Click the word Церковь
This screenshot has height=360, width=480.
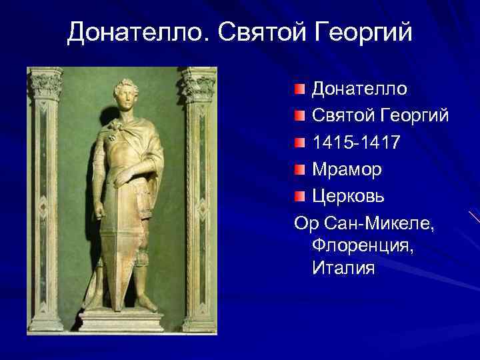[x=351, y=197]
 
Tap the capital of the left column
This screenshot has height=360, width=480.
[x=46, y=84]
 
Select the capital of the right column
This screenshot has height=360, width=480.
[x=199, y=84]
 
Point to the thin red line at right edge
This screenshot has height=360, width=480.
[x=474, y=217]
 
